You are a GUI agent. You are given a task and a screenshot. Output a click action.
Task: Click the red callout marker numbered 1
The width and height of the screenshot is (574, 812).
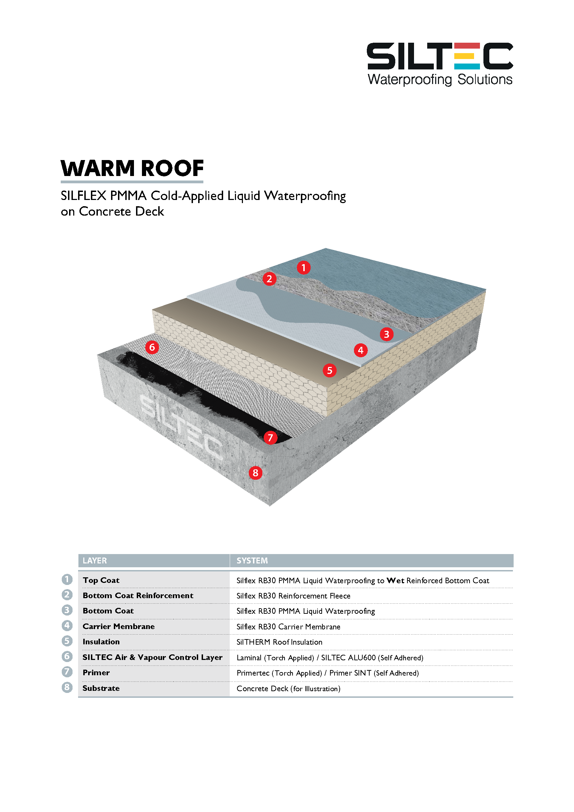303,267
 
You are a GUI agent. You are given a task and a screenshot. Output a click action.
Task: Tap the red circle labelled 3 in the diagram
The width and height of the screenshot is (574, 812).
386,334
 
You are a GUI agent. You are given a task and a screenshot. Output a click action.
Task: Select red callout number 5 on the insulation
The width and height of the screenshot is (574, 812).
329,370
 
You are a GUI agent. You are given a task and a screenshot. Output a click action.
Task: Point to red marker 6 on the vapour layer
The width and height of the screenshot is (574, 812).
152,347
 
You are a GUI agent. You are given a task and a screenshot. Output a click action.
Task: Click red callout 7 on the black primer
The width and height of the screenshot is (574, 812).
270,437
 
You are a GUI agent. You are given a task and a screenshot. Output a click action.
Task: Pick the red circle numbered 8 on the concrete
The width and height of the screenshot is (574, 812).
255,472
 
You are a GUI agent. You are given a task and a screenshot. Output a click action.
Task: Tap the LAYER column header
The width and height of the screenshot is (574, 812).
95,561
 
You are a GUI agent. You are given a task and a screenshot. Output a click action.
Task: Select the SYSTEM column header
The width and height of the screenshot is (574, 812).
252,561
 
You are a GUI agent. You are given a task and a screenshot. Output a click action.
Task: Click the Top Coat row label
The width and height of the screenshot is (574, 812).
101,580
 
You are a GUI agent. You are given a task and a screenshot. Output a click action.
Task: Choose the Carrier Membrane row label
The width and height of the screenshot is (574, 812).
119,626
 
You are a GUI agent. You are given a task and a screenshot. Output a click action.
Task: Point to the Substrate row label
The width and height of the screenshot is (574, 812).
101,688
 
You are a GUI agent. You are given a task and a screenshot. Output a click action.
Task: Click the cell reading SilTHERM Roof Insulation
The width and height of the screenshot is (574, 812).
279,642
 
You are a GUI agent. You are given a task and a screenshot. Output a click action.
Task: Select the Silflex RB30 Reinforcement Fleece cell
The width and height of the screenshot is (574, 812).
293,596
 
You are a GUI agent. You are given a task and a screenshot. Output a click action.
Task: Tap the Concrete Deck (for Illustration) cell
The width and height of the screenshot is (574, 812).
288,688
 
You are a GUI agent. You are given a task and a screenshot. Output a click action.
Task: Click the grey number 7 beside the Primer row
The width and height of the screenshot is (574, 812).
67,672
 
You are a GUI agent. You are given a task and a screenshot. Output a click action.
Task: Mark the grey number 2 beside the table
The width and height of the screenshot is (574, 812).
67,595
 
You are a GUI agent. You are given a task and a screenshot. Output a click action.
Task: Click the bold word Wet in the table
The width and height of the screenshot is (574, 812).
395,580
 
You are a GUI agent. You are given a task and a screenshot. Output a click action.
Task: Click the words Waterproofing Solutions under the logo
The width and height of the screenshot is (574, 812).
440,79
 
